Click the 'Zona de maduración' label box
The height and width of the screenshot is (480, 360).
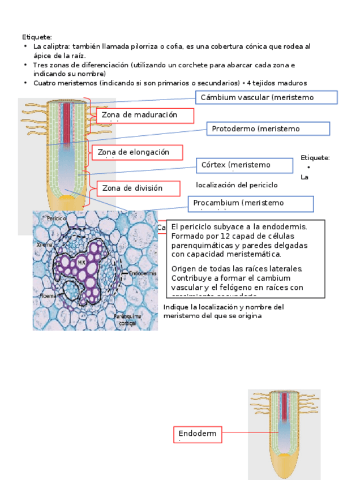click(x=145, y=115)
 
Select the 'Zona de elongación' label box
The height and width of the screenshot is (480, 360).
click(x=136, y=152)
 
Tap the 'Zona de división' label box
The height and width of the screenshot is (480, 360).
click(x=138, y=188)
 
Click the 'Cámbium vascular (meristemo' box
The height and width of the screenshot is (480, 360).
click(x=266, y=98)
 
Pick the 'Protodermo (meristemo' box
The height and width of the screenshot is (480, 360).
click(x=267, y=129)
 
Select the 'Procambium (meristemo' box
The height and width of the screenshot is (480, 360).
click(x=250, y=204)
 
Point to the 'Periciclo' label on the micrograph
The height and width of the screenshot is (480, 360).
click(x=57, y=218)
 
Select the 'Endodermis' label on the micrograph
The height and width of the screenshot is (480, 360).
click(x=142, y=273)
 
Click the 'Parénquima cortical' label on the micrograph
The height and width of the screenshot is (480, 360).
click(x=127, y=320)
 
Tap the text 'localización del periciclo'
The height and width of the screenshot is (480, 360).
click(x=237, y=185)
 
